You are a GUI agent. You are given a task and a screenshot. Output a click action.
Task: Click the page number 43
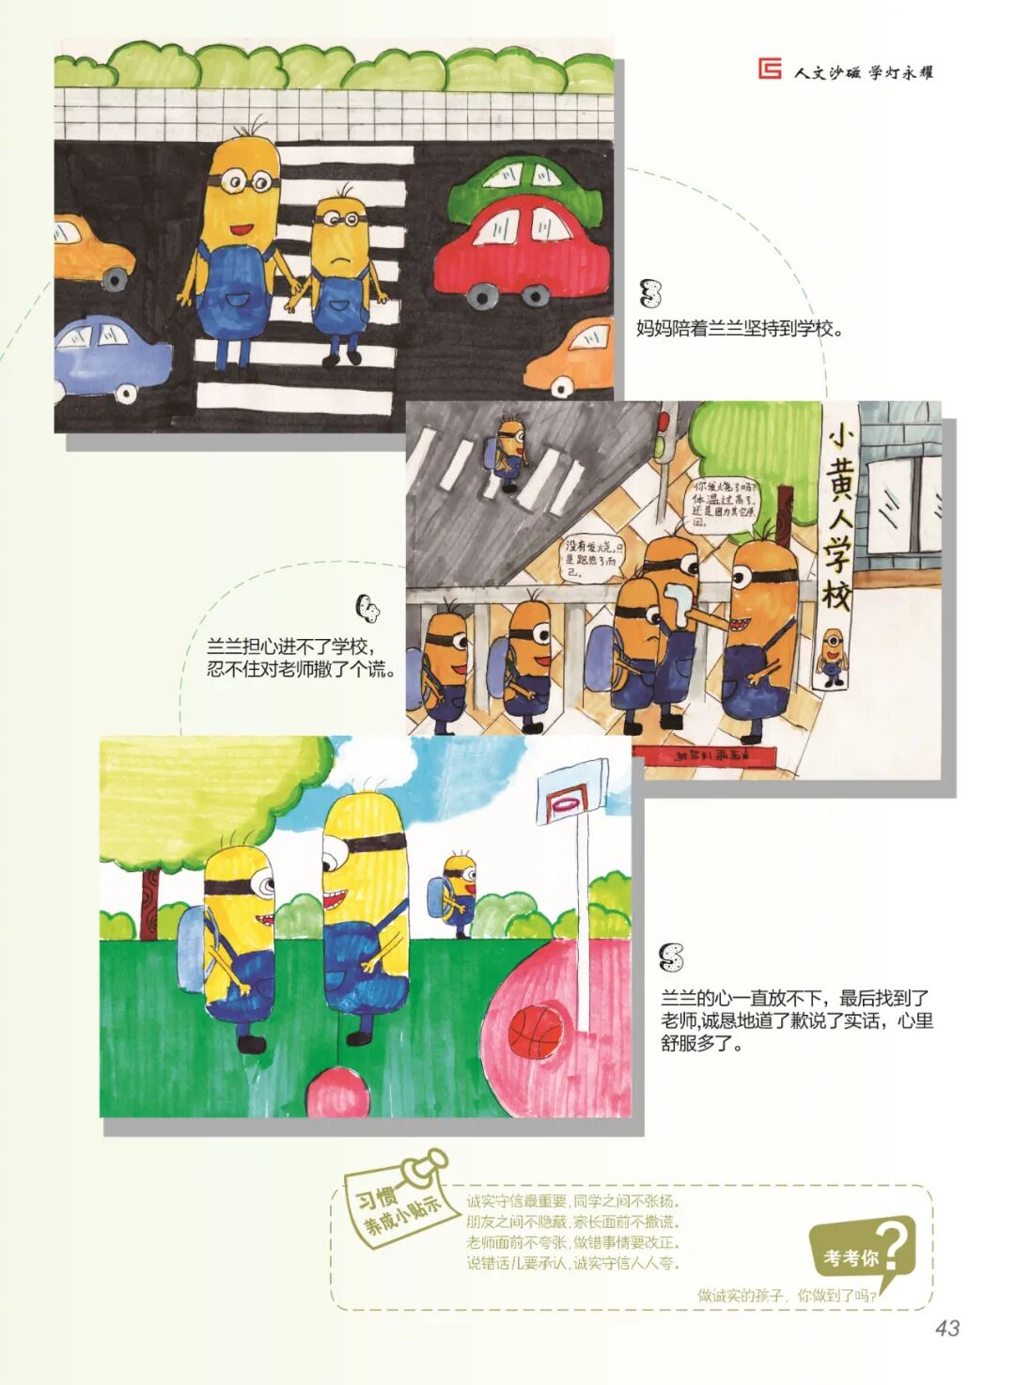[946, 1328]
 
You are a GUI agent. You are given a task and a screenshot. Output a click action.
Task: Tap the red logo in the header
[770, 69]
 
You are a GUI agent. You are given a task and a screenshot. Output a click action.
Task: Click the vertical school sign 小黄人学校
[836, 526]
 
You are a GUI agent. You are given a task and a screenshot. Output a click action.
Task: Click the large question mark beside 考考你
[895, 1246]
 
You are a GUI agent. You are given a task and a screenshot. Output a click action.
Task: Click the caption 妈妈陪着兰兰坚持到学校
[740, 329]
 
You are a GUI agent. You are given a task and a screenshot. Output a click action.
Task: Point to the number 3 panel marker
[649, 293]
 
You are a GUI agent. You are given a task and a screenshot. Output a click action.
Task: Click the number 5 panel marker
[671, 958]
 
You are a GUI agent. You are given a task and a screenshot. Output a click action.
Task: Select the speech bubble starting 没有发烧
[592, 557]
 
